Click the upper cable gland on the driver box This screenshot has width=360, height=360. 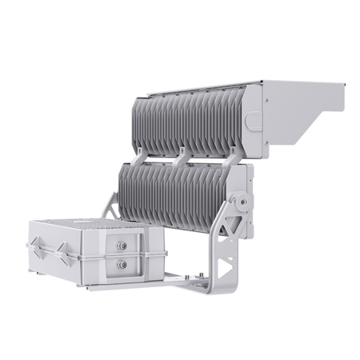click(122, 246)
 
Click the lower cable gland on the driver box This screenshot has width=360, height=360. click(122, 263)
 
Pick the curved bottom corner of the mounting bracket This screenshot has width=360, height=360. click(227, 286)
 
